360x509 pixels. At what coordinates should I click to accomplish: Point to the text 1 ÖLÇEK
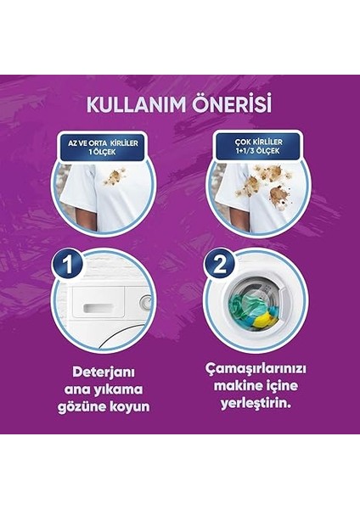point(105,154)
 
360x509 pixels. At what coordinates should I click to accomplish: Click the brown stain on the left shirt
point(112,178)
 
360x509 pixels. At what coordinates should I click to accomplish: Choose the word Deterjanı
point(104,372)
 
